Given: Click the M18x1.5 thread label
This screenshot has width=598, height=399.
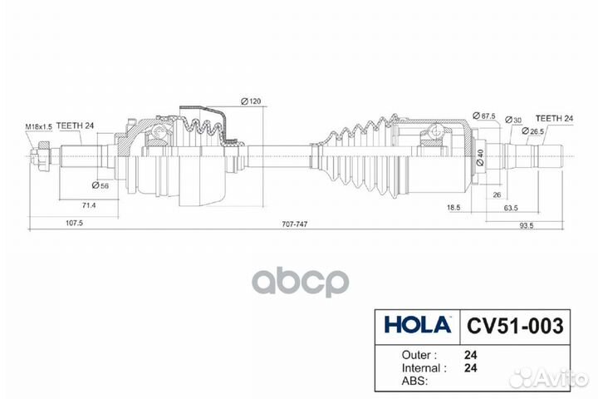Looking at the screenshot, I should click(38, 126).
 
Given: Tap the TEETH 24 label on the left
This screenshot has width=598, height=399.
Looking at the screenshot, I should click(76, 126).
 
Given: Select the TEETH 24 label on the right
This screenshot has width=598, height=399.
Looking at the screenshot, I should click(554, 119).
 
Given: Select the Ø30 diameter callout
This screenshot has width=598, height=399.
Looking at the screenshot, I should click(515, 121).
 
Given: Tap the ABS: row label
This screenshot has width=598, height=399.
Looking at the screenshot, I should click(394, 379).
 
